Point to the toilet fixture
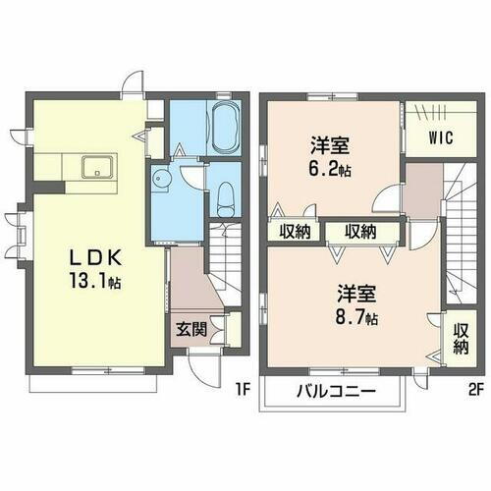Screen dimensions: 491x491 224,199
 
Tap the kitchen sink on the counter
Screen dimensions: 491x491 95,166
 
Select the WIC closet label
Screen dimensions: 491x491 439,138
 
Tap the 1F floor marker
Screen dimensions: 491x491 243,389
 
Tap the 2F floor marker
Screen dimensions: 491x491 474,389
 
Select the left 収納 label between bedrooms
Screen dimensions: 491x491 296,232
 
